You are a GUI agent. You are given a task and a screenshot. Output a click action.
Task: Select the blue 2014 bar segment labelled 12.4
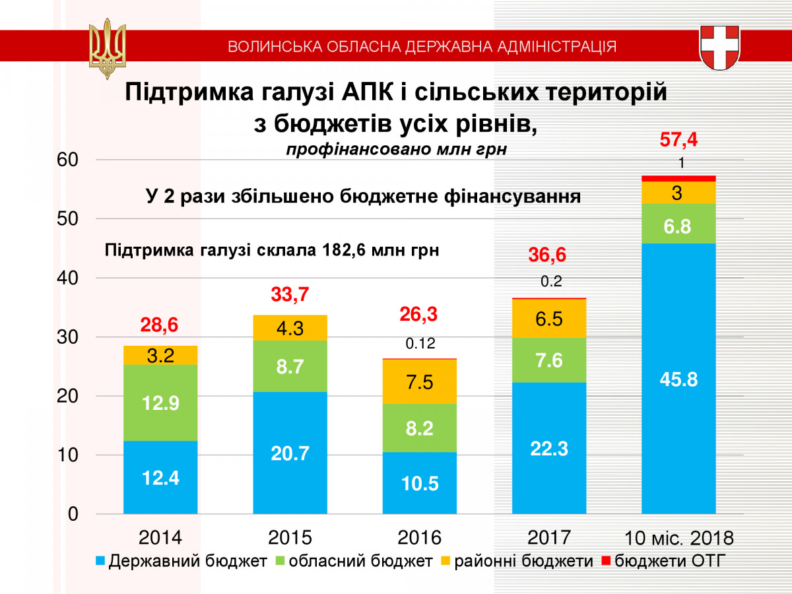point(160,477)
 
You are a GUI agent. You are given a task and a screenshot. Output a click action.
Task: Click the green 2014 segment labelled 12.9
point(160,403)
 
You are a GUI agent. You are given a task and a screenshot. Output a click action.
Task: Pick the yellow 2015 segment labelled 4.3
point(290,328)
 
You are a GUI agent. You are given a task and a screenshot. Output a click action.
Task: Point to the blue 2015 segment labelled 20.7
point(290,453)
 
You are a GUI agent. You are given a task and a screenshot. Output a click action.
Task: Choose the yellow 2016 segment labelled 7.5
point(419,381)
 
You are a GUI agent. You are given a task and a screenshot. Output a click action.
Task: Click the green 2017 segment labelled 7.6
point(549,360)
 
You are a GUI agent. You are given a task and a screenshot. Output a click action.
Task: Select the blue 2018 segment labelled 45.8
point(678,379)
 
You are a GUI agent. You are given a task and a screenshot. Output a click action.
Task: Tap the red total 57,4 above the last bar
point(678,140)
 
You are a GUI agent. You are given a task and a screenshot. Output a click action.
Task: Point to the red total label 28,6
point(160,325)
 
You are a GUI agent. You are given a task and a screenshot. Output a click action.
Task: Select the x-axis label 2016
point(419,536)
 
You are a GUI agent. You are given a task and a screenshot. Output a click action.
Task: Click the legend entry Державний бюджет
point(181,562)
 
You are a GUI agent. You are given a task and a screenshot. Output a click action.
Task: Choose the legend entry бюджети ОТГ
point(663,562)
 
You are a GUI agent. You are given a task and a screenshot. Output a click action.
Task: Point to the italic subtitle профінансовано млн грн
point(396,149)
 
